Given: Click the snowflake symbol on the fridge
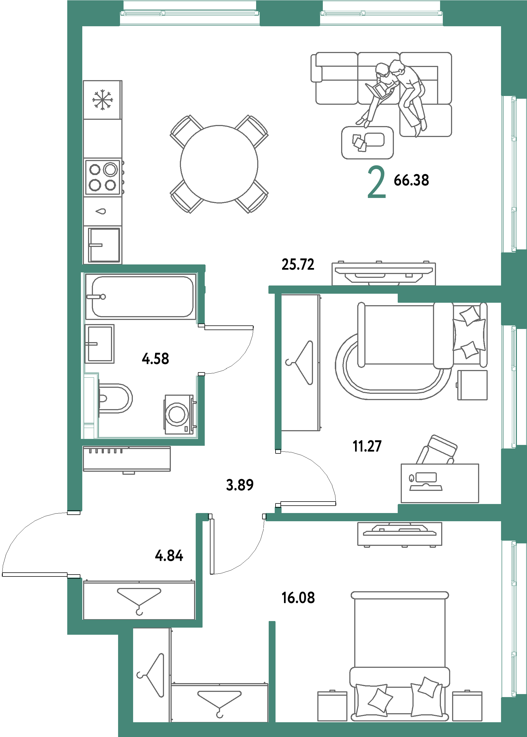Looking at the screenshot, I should (103, 100).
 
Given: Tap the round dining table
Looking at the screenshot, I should (219, 164).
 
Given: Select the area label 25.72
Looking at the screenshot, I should (298, 265).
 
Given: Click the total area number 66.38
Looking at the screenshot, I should (411, 180).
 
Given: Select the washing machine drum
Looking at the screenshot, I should (177, 414).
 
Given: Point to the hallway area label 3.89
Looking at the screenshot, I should (240, 485).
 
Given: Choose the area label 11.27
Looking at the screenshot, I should (367, 446).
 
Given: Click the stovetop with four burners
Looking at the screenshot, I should (103, 177).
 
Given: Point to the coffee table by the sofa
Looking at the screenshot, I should (367, 142).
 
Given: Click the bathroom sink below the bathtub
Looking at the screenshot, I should (99, 343).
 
